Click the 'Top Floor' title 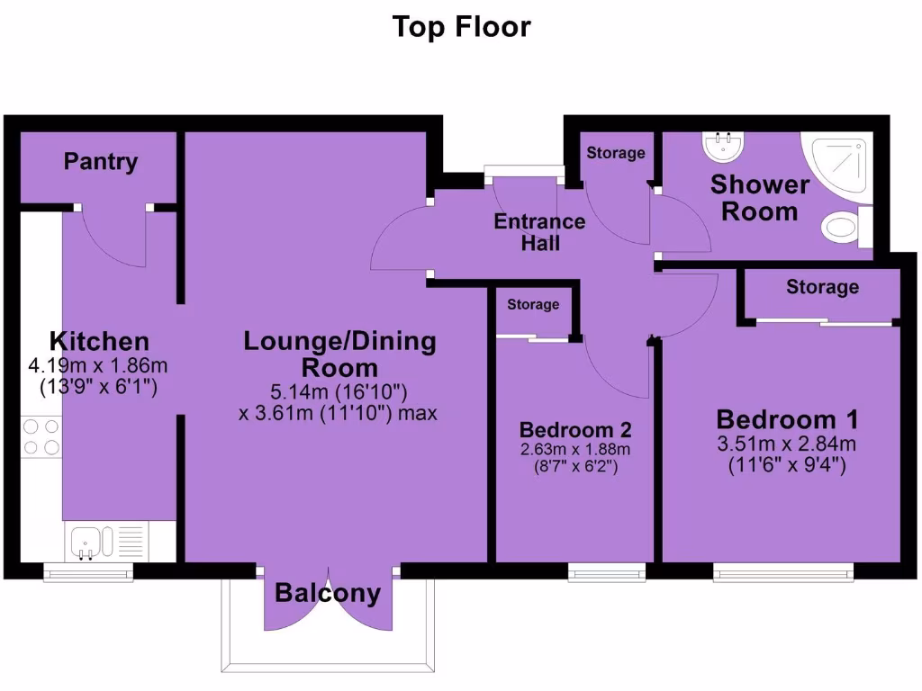[461, 27]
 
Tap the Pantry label [101, 162]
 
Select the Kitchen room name [99, 342]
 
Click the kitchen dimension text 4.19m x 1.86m [99, 366]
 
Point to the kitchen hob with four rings [41, 436]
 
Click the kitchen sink [88, 542]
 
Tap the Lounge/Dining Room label [339, 354]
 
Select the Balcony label [328, 594]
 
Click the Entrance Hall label [539, 232]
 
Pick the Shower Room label [760, 198]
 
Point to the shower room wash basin [720, 144]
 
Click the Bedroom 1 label [787, 419]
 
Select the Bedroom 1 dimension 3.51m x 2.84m [787, 443]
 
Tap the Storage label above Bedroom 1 [822, 287]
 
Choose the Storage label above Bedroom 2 [533, 305]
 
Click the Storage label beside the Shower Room [616, 153]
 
